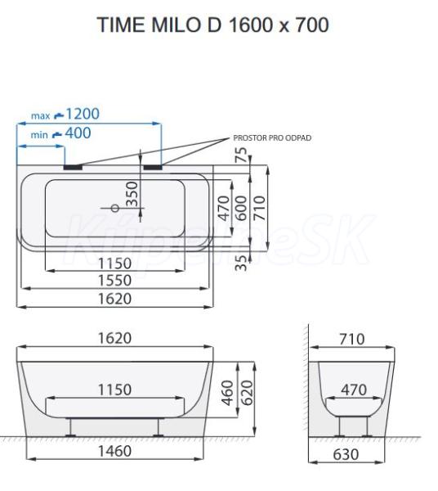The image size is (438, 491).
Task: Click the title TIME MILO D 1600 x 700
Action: pyautogui.click(x=213, y=25)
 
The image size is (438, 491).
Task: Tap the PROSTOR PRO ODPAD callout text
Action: pyautogui.click(x=272, y=137)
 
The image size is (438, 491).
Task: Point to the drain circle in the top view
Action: pyautogui.click(x=115, y=208)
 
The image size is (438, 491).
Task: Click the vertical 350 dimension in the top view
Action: pyautogui.click(x=132, y=194)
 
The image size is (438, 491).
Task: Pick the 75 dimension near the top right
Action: pyautogui.click(x=241, y=155)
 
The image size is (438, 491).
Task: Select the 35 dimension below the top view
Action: pyautogui.click(x=241, y=263)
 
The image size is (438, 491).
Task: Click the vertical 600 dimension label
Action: pyautogui.click(x=241, y=208)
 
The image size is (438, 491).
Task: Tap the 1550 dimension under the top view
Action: pyautogui.click(x=114, y=280)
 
